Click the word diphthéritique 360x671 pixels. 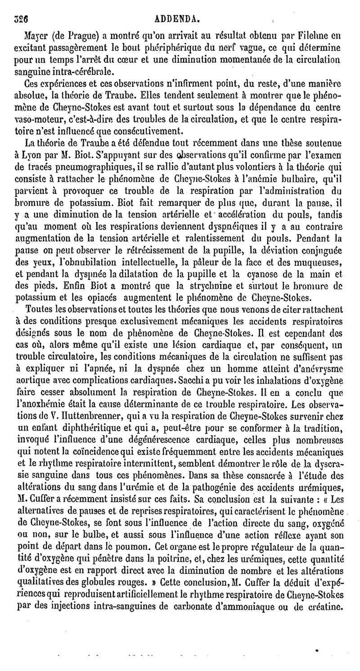click(x=86, y=427)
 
